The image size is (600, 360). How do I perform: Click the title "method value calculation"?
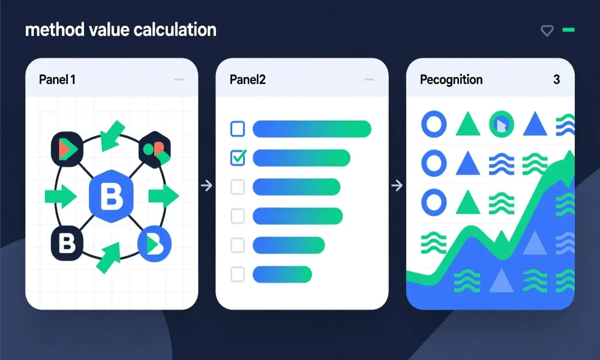click(x=121, y=29)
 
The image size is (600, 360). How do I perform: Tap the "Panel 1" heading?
click(x=58, y=79)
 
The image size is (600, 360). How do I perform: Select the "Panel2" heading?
click(x=247, y=79)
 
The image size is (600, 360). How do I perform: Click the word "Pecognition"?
click(x=451, y=79)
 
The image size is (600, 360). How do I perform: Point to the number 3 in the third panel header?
click(x=556, y=79)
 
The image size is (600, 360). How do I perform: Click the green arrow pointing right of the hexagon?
click(x=163, y=195)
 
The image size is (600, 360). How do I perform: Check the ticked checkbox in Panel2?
click(x=238, y=158)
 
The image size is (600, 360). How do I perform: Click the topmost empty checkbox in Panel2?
click(x=238, y=128)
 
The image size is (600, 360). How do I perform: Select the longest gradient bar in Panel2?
click(x=312, y=128)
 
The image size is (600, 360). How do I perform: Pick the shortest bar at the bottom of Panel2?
click(x=282, y=274)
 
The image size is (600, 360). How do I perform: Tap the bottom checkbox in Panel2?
click(x=238, y=274)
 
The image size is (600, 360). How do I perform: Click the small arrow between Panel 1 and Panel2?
click(x=206, y=186)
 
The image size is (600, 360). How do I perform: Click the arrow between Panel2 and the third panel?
click(x=397, y=186)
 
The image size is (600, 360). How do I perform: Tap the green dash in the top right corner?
click(x=568, y=29)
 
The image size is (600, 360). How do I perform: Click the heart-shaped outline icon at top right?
click(x=547, y=31)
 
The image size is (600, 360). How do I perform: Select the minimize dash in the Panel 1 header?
click(x=178, y=79)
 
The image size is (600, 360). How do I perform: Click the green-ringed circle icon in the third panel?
click(x=502, y=124)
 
